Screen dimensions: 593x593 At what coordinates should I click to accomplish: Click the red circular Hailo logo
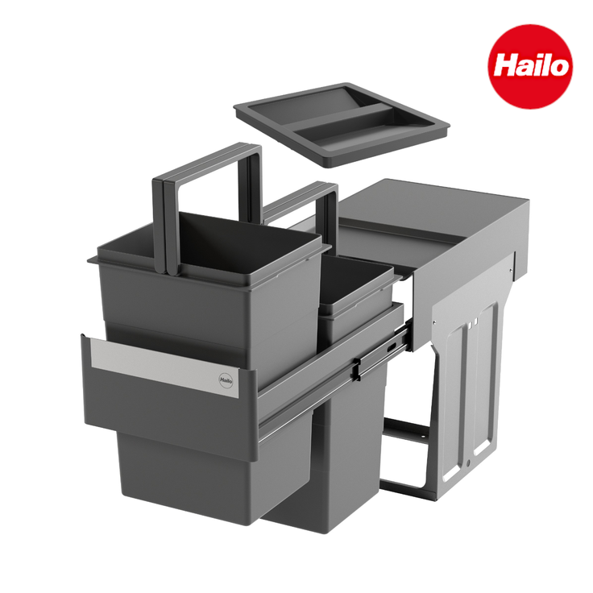(531, 66)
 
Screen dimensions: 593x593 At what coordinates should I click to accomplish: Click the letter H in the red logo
(506, 66)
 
